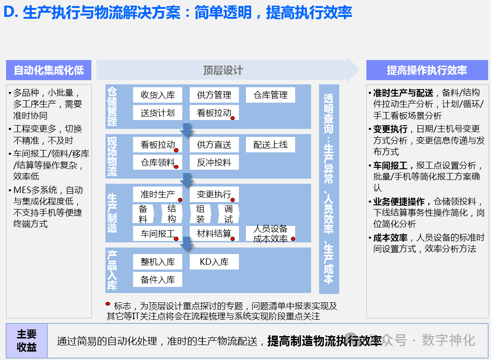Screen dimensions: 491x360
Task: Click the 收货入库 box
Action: (157, 95)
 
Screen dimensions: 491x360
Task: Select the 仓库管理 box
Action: (270, 95)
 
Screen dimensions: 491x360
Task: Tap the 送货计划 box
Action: (157, 112)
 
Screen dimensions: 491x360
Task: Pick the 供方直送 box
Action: (214, 145)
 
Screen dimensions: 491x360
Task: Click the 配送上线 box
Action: (270, 145)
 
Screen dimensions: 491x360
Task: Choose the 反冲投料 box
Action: (214, 162)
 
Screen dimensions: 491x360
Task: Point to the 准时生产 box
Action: (157, 194)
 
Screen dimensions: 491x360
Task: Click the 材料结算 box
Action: (214, 233)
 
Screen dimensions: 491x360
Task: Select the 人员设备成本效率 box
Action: (270, 233)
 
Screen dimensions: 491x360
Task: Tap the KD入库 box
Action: (214, 262)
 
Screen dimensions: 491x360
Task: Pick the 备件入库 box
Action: (157, 279)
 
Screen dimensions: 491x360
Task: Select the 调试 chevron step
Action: (229, 214)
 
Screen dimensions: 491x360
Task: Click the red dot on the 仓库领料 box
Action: (176, 167)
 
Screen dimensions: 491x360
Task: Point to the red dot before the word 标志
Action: (109, 304)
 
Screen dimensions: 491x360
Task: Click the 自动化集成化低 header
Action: (49, 70)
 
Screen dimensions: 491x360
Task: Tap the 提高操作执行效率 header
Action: (426, 70)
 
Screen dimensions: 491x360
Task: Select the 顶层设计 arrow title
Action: (223, 70)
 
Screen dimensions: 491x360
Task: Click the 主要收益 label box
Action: (27, 341)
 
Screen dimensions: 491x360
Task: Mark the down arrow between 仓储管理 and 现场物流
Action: (187, 130)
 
